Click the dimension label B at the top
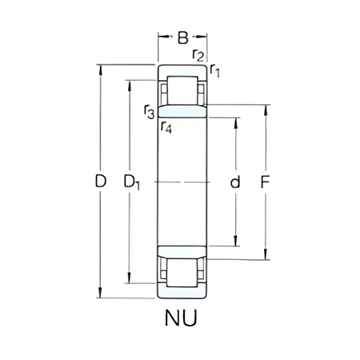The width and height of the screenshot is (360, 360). coord(182,37)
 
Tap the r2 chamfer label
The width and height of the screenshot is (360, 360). coord(198,54)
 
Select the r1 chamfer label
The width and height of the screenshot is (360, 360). coord(215,72)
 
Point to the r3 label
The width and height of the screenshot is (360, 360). coord(150,111)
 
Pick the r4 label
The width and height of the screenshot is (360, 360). coord(166,126)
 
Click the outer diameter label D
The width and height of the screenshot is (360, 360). coord(100,182)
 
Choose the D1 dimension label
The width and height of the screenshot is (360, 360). coord(132,183)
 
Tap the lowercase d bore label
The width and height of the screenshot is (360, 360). coord(235,182)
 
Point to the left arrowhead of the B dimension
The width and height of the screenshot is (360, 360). coord(161,37)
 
